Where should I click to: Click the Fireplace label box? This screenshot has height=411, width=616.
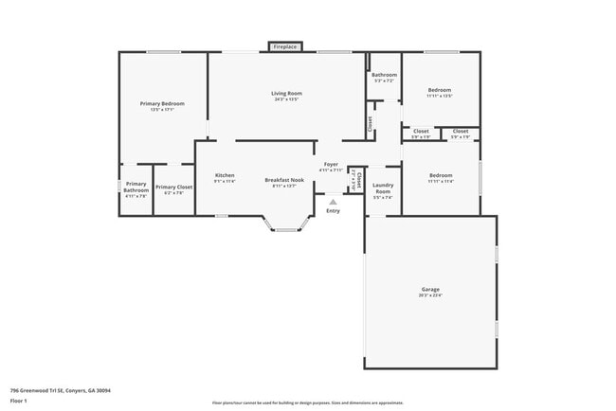pyautogui.click(x=283, y=46)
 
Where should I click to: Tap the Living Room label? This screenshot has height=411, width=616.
pyautogui.click(x=286, y=93)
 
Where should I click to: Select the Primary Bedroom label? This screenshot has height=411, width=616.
pyautogui.click(x=162, y=103)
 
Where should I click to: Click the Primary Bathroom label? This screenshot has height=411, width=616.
pyautogui.click(x=136, y=188)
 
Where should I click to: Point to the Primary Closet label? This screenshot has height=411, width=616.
pyautogui.click(x=174, y=188)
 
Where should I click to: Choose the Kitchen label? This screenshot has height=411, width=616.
pyautogui.click(x=225, y=175)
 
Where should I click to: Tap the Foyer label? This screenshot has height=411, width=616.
pyautogui.click(x=331, y=165)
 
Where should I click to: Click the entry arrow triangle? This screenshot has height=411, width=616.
pyautogui.click(x=333, y=201)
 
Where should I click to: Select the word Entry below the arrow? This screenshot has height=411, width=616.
pyautogui.click(x=333, y=210)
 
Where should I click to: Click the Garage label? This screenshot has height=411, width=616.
pyautogui.click(x=430, y=289)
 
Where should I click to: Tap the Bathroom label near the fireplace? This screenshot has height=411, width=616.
pyautogui.click(x=384, y=75)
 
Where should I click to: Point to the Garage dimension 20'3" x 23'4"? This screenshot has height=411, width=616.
pyautogui.click(x=430, y=295)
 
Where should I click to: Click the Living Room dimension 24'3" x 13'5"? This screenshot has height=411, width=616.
pyautogui.click(x=286, y=98)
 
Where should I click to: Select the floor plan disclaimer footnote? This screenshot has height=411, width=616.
pyautogui.click(x=307, y=402)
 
